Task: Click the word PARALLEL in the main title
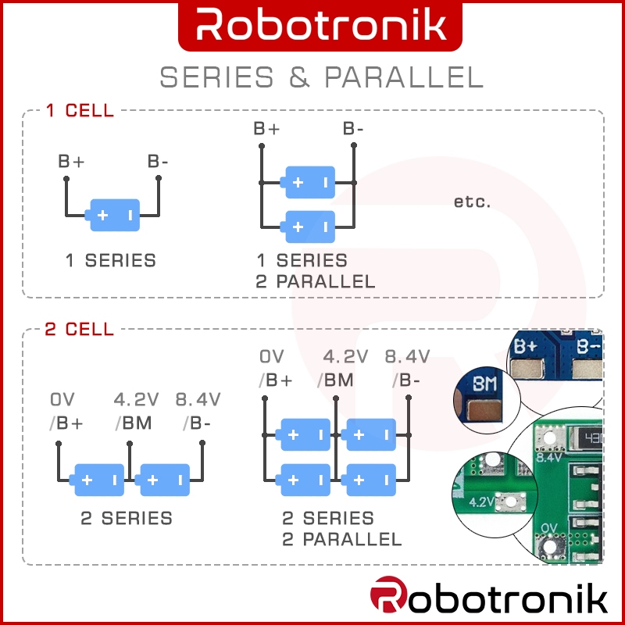(404, 77)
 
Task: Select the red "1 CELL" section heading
(80, 110)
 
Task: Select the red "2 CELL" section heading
(80, 329)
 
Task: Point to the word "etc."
(473, 202)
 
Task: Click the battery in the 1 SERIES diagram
(112, 216)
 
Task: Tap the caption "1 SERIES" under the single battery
(110, 260)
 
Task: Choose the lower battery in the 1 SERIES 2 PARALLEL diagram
(307, 227)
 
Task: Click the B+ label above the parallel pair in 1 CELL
(266, 129)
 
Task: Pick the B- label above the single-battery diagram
(158, 162)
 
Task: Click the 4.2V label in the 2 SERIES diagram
(136, 399)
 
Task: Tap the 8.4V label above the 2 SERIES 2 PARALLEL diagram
(407, 357)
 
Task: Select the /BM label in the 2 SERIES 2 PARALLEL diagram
(335, 380)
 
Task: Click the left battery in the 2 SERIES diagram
(97, 480)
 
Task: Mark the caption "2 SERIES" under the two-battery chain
(127, 518)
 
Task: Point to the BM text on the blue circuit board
(484, 384)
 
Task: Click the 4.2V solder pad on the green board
(510, 502)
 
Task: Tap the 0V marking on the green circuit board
(548, 528)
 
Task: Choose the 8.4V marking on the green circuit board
(549, 458)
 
